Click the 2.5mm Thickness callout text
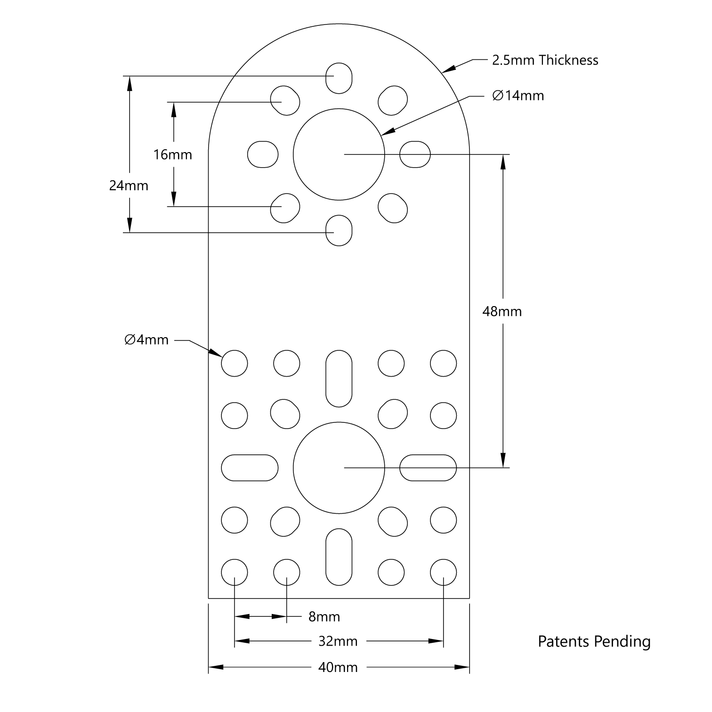(545, 60)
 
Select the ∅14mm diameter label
(518, 96)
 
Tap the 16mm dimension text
(173, 154)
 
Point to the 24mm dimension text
(129, 186)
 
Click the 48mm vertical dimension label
(502, 311)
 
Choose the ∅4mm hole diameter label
(146, 340)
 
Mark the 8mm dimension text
(324, 616)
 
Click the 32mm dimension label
(338, 641)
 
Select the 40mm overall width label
(338, 667)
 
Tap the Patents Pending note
(594, 641)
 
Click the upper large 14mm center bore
(339, 154)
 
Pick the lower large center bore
(339, 468)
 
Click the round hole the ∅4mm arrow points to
(235, 364)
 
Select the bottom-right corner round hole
(443, 572)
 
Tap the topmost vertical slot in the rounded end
(339, 78)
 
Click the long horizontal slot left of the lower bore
(250, 468)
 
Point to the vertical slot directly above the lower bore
(339, 378)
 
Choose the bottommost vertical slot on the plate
(339, 557)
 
